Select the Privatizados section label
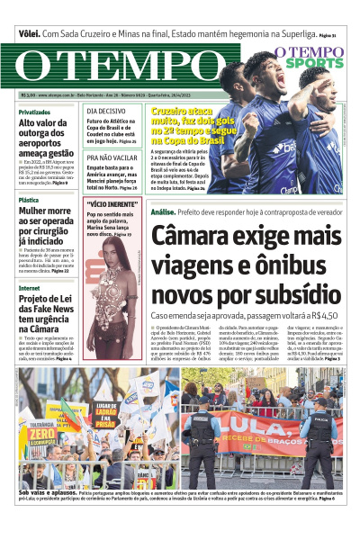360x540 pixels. pyautogui.click(x=35, y=112)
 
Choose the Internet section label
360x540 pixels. pyautogui.click(x=29, y=288)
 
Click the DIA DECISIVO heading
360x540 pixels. pyautogui.click(x=106, y=111)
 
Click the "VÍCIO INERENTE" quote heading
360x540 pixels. pyautogui.click(x=112, y=204)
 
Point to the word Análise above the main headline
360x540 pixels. pyautogui.click(x=163, y=211)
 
